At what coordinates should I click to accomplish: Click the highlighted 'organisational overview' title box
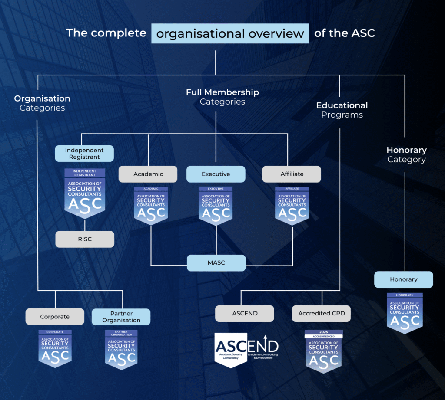coord(230,34)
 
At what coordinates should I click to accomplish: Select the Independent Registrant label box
coord(84,154)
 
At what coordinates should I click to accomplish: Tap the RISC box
coord(85,239)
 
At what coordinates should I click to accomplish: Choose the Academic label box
coord(148,174)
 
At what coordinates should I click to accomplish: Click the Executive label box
coord(216,174)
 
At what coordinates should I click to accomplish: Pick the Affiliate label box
coord(292,174)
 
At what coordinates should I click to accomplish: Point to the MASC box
coord(216,263)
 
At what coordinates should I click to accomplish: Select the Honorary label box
coord(403,279)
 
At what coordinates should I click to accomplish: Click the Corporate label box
coord(55,317)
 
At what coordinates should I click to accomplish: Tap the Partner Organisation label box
coord(121,317)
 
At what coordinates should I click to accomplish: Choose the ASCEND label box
coord(245,313)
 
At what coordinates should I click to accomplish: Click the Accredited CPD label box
coord(322,313)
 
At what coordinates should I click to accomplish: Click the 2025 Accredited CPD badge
coord(323,351)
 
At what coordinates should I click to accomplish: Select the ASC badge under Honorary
coord(405,313)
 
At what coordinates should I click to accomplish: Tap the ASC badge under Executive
coord(216,206)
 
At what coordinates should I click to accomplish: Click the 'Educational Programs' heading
coord(342,110)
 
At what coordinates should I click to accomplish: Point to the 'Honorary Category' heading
coord(406,155)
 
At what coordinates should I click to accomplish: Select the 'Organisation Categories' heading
coord(42,103)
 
